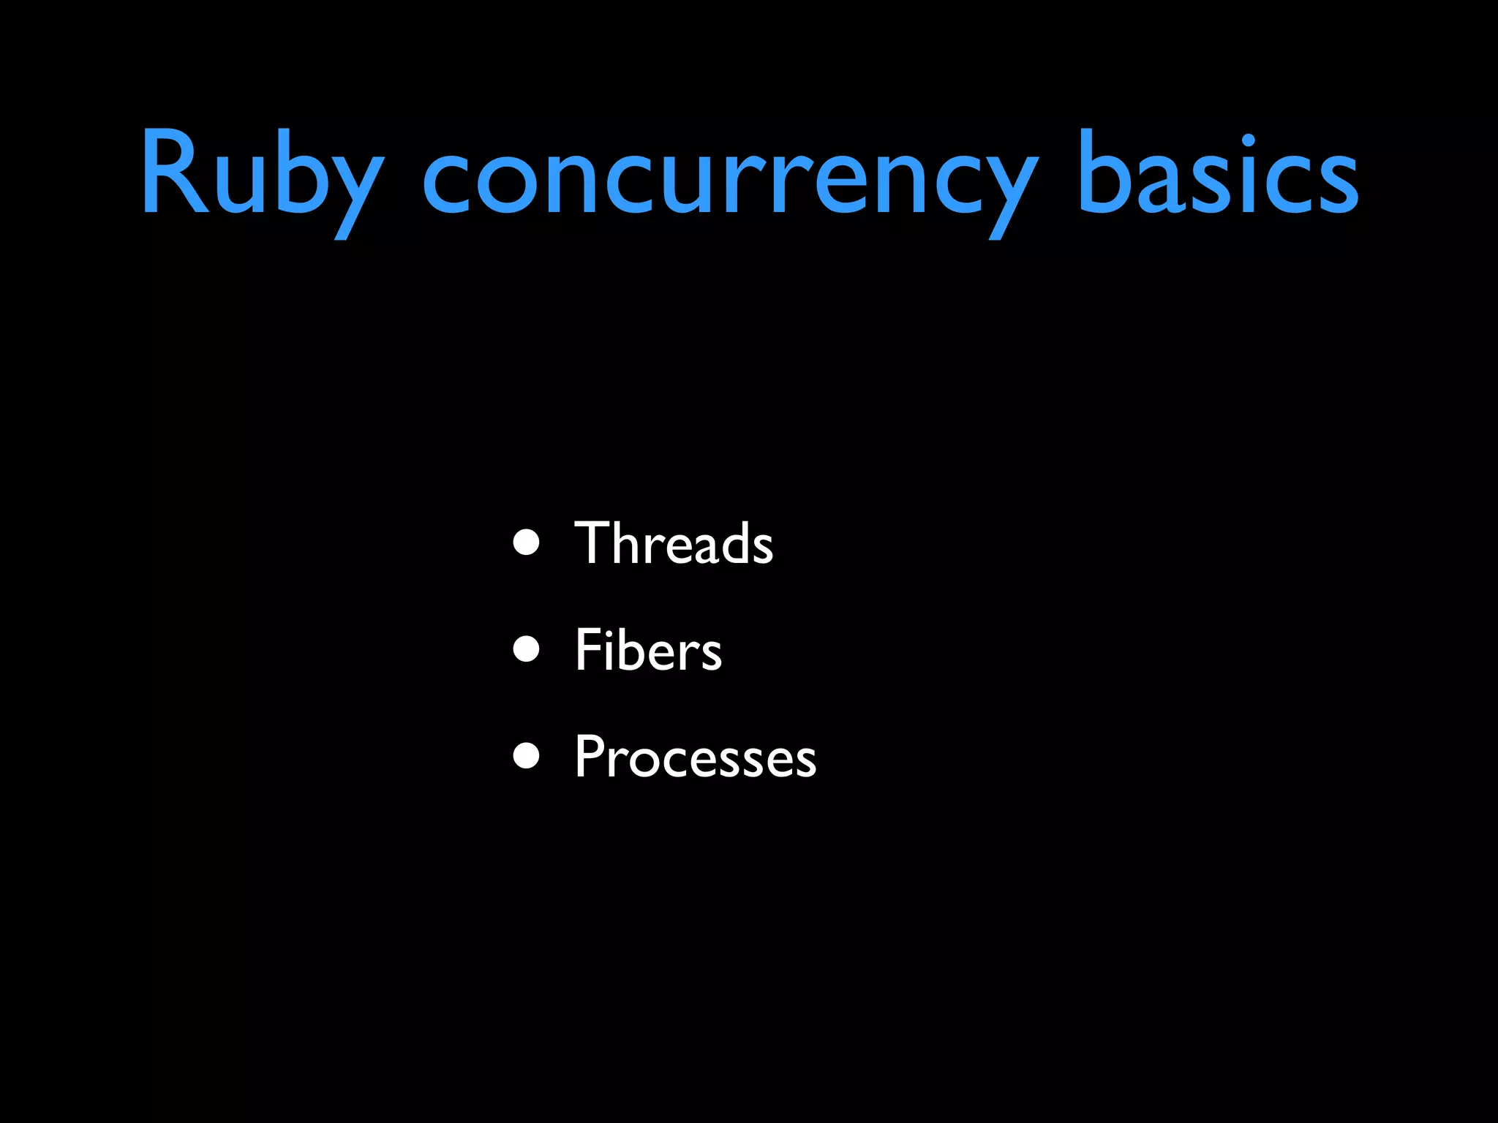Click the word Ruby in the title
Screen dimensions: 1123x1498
click(x=262, y=175)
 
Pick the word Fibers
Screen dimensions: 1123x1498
click(x=648, y=649)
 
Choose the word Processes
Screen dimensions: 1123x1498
click(x=695, y=757)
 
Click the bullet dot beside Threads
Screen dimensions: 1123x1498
click(x=526, y=542)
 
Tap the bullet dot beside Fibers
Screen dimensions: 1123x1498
click(x=526, y=649)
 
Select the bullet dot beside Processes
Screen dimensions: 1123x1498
click(x=526, y=756)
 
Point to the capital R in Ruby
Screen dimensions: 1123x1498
click(x=174, y=173)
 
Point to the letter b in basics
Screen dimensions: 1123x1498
click(x=1107, y=174)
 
